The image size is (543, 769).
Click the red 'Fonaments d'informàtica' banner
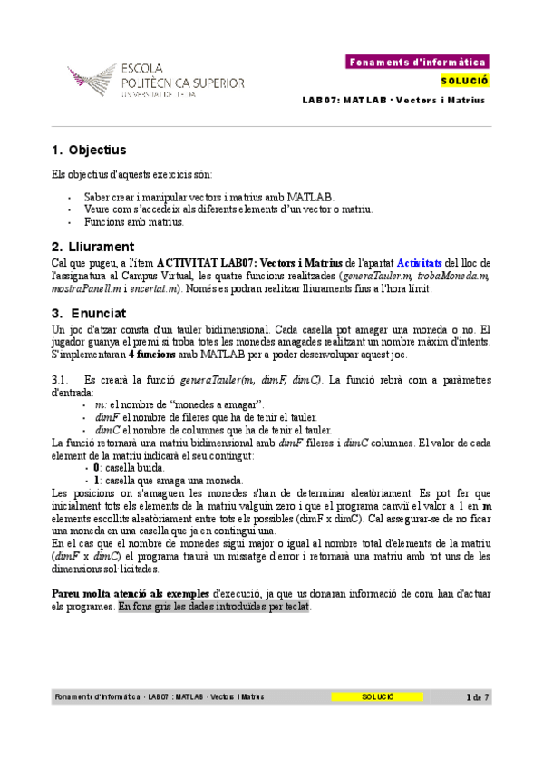pyautogui.click(x=418, y=63)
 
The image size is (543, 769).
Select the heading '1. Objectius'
pyautogui.click(x=89, y=150)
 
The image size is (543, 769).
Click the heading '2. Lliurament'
pyautogui.click(x=93, y=246)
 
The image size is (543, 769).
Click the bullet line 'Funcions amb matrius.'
pyautogui.click(x=133, y=222)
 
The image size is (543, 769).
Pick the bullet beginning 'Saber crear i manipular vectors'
pyautogui.click(x=196, y=197)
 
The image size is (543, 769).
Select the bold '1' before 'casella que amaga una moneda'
pyautogui.click(x=96, y=480)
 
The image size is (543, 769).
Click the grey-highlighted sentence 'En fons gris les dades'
pyautogui.click(x=214, y=606)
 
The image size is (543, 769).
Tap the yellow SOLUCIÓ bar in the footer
pyautogui.click(x=377, y=697)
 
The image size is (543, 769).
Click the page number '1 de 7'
pyautogui.click(x=477, y=697)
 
